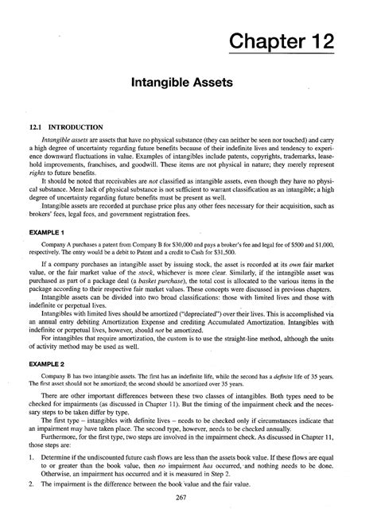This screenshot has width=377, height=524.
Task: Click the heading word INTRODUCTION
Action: point(76,126)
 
